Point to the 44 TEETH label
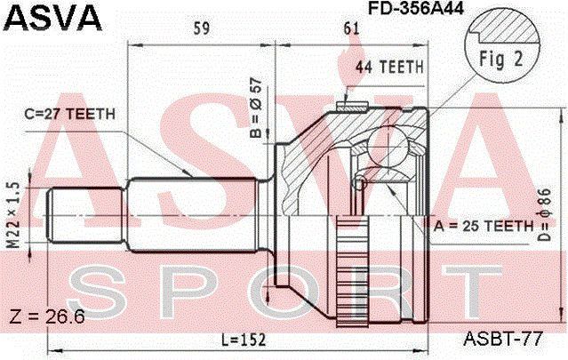click(389, 68)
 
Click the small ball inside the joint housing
click(359, 183)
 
